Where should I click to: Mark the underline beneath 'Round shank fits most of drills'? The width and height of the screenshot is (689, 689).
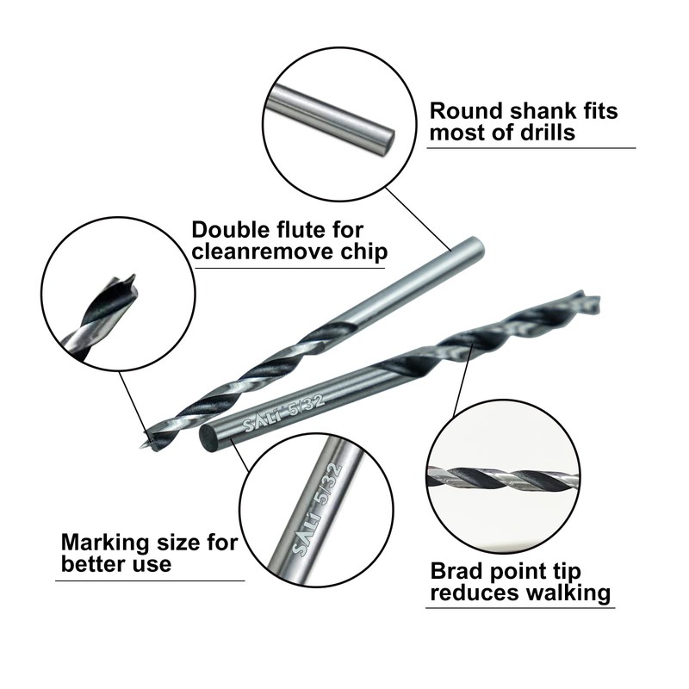[x=531, y=148]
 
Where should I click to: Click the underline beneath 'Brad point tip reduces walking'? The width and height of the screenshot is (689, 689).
[x=520, y=608]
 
